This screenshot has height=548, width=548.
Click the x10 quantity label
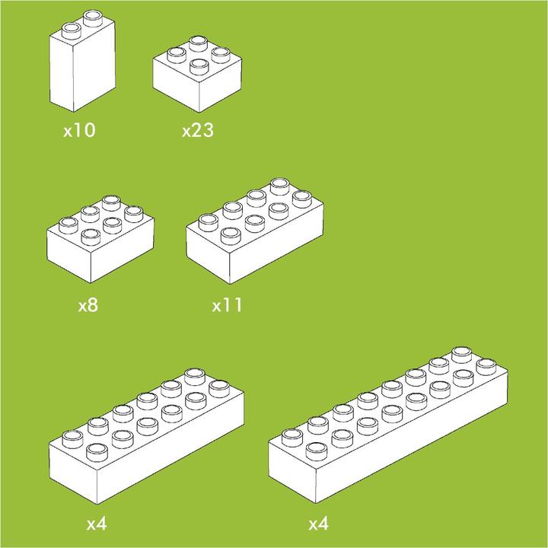tap(79, 130)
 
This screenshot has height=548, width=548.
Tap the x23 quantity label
tap(197, 130)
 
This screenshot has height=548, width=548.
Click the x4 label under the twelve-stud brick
tap(96, 524)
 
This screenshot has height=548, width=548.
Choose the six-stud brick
tap(100, 244)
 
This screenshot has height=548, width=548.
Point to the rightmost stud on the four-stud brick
tap(220, 54)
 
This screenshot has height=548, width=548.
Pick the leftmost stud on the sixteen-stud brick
tap(292, 437)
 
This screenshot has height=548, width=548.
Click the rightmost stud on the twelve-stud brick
tap(219, 386)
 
